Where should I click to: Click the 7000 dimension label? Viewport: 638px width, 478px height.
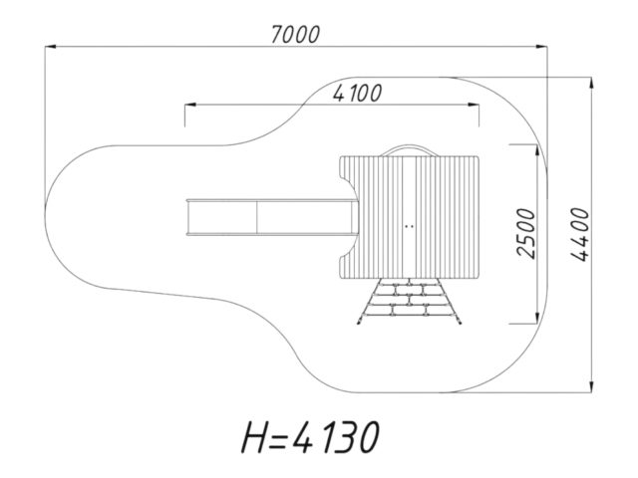(296, 34)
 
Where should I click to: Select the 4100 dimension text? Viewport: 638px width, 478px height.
(358, 93)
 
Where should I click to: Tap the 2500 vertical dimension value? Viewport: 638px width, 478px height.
(525, 233)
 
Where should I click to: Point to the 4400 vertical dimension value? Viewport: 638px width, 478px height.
(580, 234)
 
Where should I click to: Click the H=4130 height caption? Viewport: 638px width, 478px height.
(311, 437)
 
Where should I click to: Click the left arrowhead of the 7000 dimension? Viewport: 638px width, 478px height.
(51, 47)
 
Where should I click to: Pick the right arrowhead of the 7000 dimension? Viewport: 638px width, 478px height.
(541, 47)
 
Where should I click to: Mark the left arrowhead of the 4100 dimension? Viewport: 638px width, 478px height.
(190, 105)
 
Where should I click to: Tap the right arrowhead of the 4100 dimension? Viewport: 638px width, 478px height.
(474, 105)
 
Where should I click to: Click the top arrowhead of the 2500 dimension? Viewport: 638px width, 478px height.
(537, 150)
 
